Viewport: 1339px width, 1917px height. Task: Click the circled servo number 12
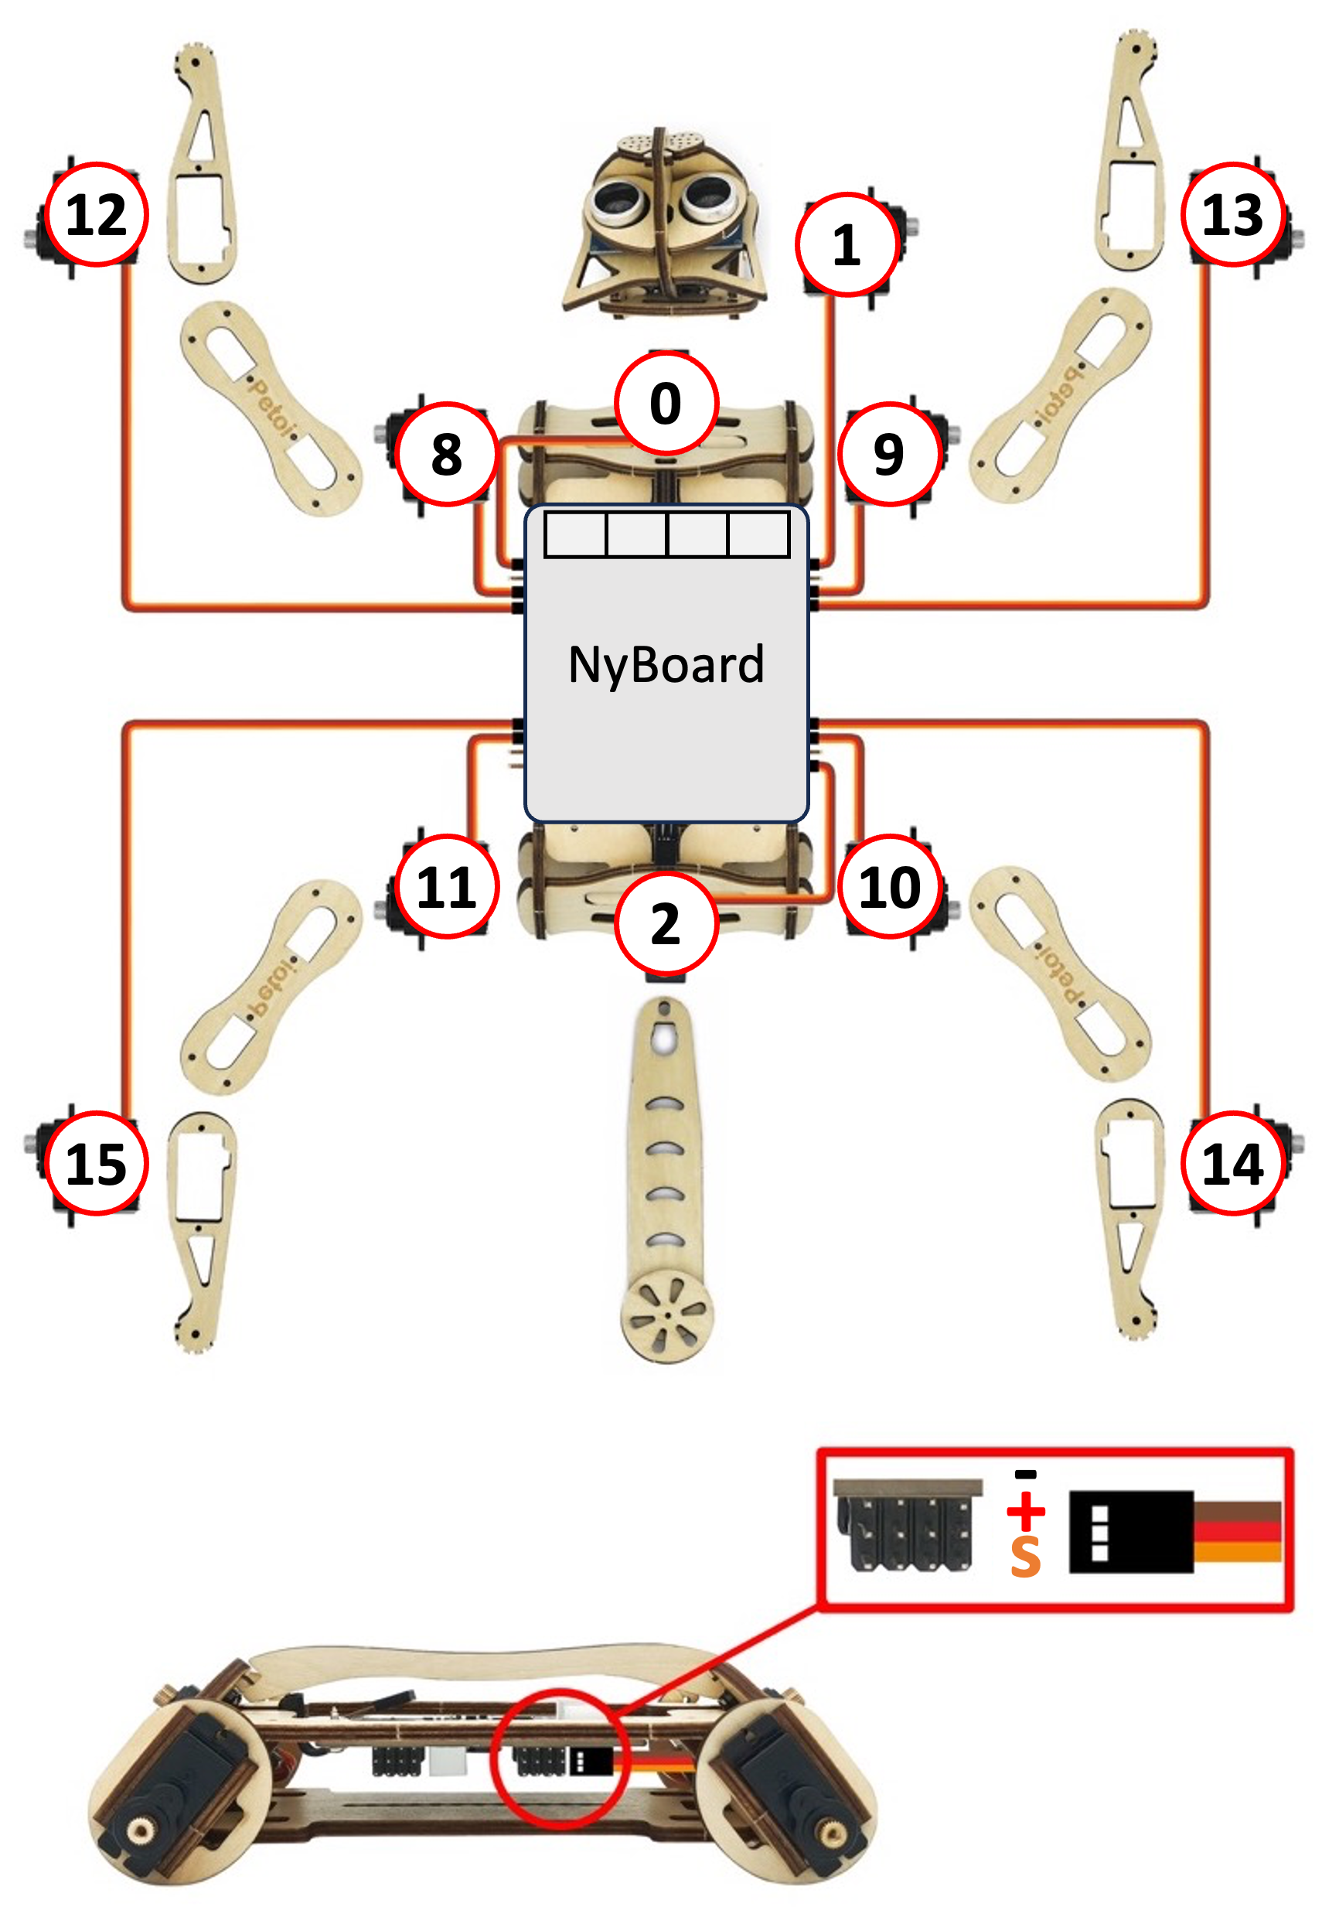tap(96, 214)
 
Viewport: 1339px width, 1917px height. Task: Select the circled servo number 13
tap(1232, 214)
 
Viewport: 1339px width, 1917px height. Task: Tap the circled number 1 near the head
tap(847, 244)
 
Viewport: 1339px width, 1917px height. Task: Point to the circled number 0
tap(666, 403)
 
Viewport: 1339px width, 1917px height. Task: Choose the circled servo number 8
tap(447, 454)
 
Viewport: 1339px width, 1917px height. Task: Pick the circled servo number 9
tap(889, 454)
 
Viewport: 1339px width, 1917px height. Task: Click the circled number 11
tap(447, 887)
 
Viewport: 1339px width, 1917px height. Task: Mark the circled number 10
tap(890, 887)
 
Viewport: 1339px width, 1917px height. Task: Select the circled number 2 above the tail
tap(666, 924)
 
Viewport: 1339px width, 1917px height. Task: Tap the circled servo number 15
tap(96, 1164)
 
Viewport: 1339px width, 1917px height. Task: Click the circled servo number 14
tap(1232, 1164)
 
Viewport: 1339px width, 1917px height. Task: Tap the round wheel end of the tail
tap(666, 1317)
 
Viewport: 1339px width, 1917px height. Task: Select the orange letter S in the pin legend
tap(1025, 1557)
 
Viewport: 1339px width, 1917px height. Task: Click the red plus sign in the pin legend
tap(1025, 1510)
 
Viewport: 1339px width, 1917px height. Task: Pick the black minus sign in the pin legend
tap(1025, 1475)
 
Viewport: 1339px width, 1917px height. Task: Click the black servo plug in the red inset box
tap(1131, 1531)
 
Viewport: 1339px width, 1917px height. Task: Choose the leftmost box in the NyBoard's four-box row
tap(575, 534)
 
